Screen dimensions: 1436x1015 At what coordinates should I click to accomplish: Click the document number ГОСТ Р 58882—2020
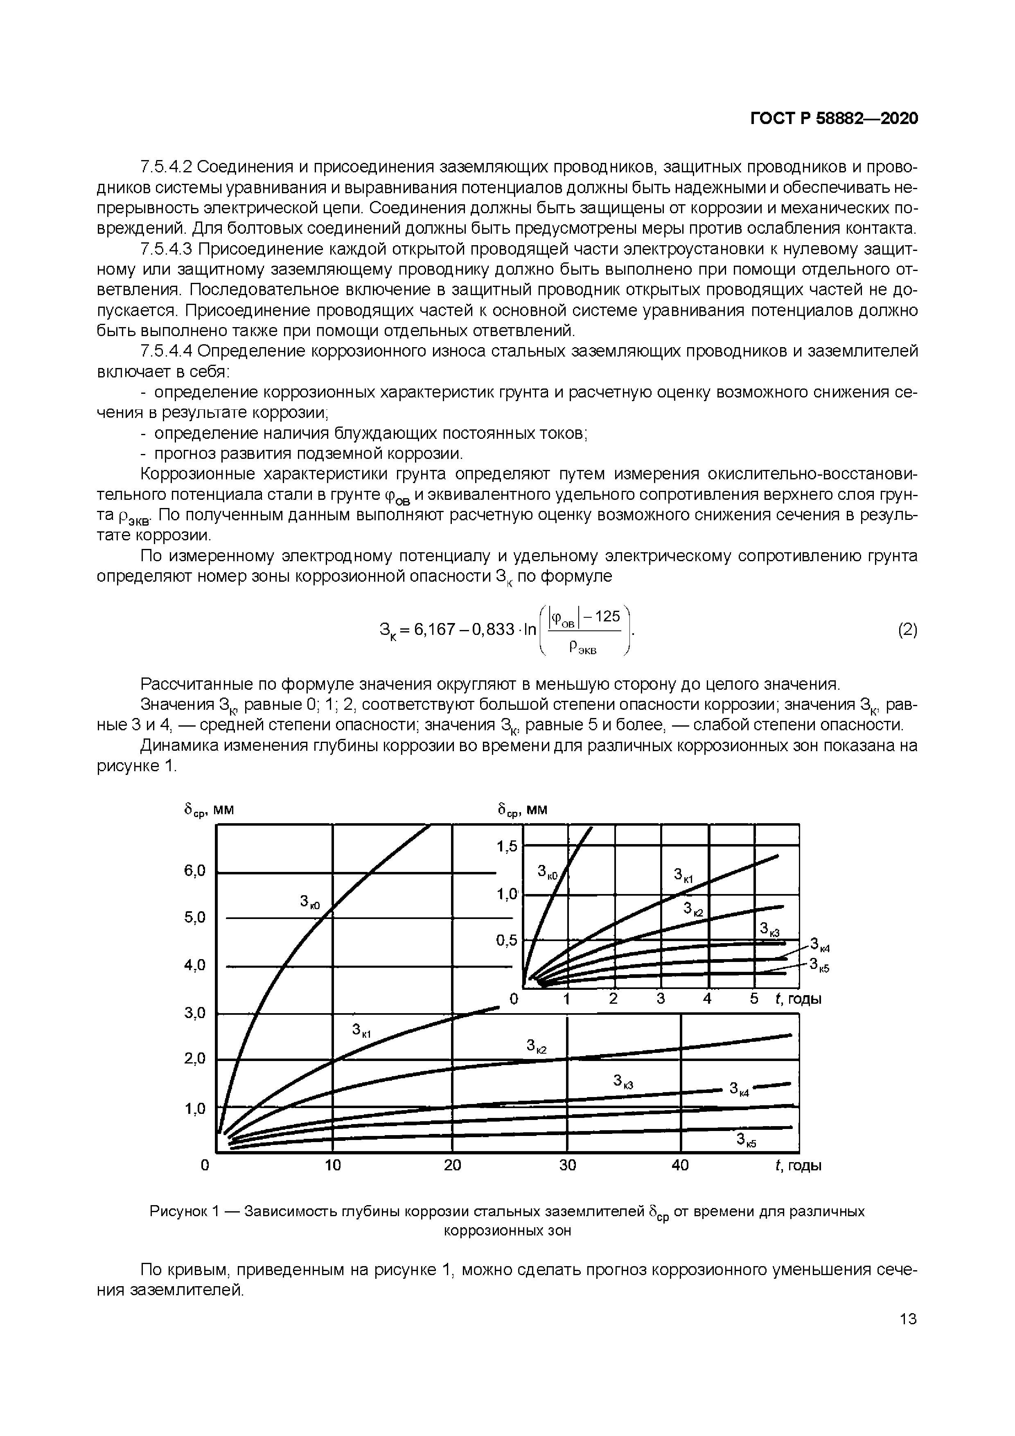(x=834, y=119)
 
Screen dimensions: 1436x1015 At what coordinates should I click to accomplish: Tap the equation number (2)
(x=907, y=630)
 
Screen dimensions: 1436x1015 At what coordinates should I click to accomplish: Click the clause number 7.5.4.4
(x=167, y=352)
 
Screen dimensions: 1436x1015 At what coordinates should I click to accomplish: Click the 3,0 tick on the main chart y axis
(x=194, y=1013)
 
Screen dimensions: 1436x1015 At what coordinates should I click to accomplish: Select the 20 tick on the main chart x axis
(x=452, y=1165)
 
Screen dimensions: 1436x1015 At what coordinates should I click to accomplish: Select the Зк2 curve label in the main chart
(x=536, y=1045)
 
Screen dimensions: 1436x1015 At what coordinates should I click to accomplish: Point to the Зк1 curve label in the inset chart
(x=683, y=875)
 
